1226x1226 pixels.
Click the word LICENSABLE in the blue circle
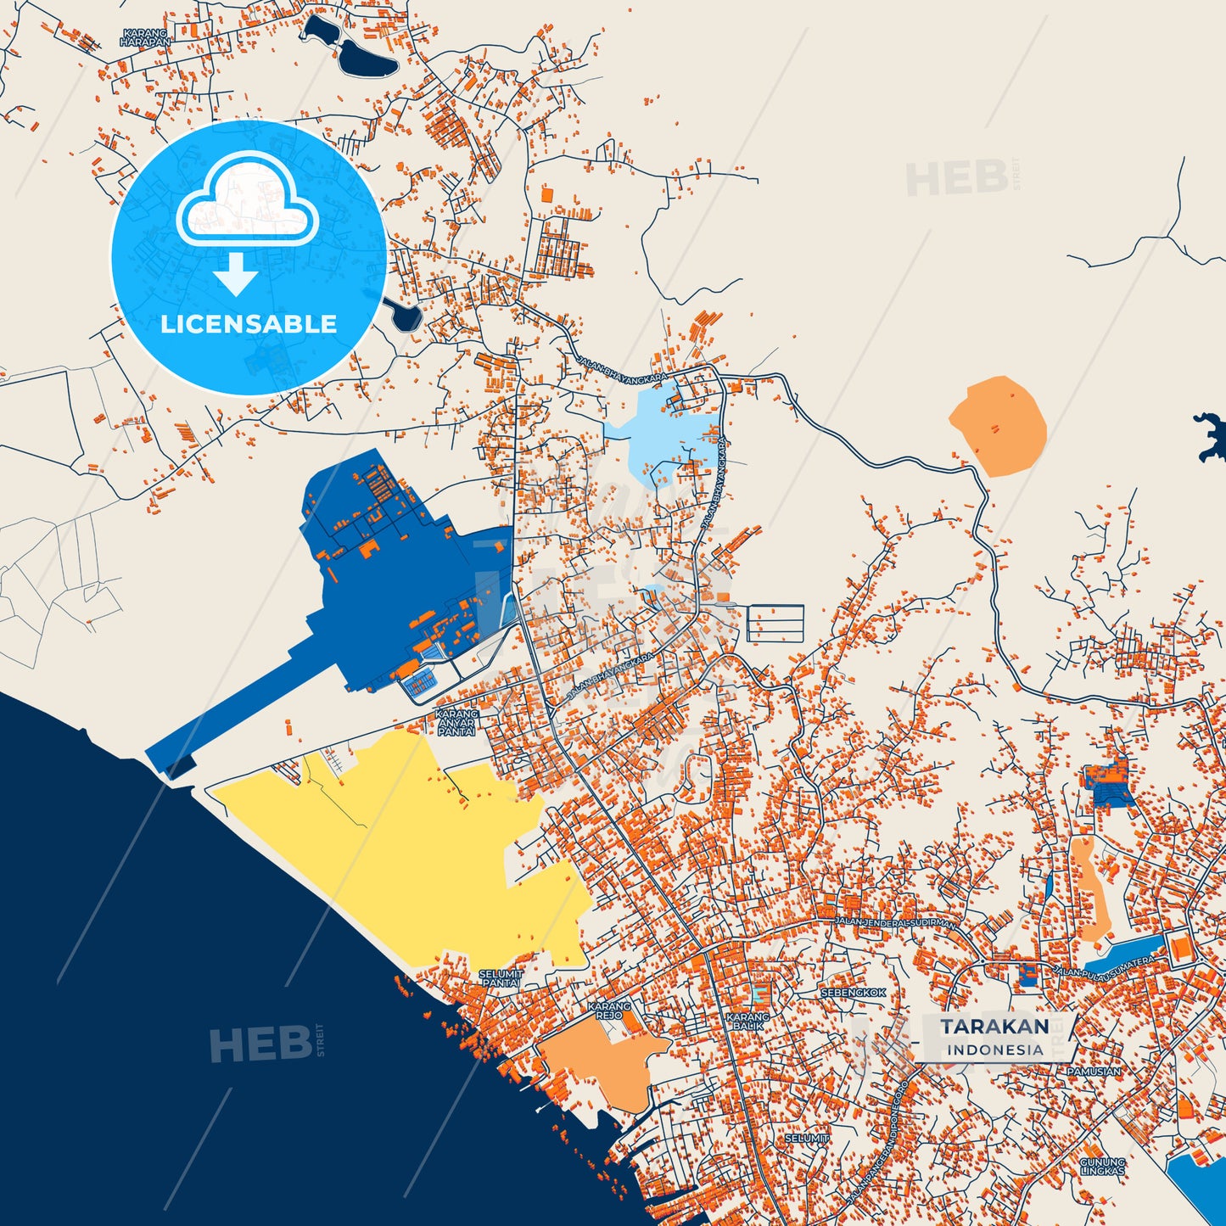tap(249, 324)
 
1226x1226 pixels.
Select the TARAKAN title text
tap(994, 1027)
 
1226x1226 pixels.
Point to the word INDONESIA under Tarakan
tap(995, 1050)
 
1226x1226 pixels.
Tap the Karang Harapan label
tap(145, 37)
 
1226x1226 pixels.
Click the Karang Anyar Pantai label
tap(456, 723)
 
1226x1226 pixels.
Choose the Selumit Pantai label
tap(501, 978)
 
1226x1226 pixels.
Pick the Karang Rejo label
tap(609, 1010)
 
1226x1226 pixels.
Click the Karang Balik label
tap(747, 1021)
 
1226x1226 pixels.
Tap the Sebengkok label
tap(853, 993)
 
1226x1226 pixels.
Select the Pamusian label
tap(1094, 1072)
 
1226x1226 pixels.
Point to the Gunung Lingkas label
tap(1102, 1167)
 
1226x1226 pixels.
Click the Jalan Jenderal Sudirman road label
tap(895, 922)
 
